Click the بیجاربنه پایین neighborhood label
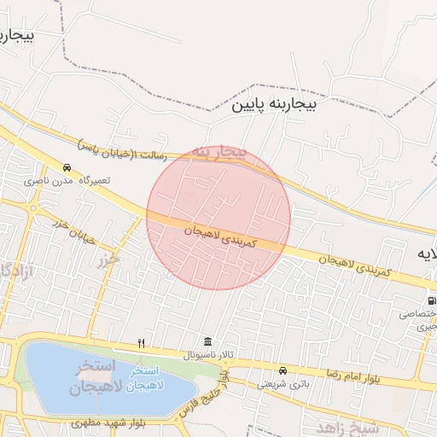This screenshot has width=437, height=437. (275, 105)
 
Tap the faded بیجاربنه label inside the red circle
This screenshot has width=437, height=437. (218, 152)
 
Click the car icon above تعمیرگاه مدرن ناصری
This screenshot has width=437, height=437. (67, 167)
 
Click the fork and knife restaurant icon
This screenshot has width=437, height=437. (142, 344)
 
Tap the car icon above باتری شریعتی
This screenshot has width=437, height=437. (283, 370)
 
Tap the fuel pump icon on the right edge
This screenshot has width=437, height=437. (431, 300)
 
